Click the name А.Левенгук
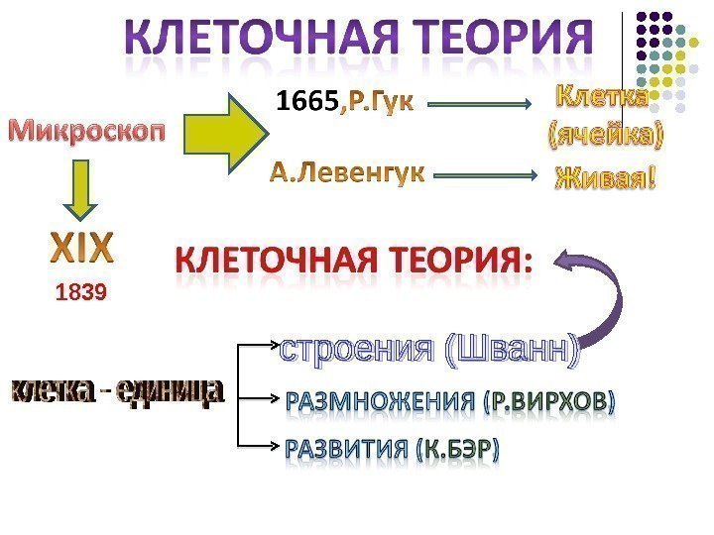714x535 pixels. (x=346, y=174)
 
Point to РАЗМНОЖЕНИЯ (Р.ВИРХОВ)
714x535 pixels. (x=450, y=402)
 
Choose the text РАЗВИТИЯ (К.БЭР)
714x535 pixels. (x=393, y=449)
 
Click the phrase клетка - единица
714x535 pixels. (x=117, y=393)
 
